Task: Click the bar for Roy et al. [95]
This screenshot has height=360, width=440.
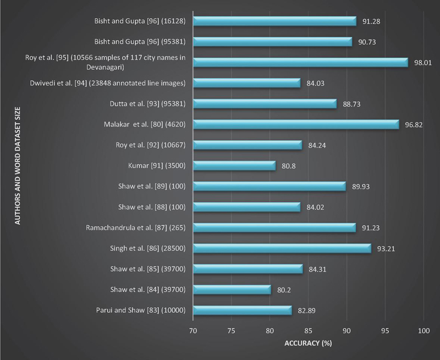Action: [300, 63]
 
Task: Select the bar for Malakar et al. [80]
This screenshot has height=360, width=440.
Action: [296, 125]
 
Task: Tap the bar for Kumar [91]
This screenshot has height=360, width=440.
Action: [234, 166]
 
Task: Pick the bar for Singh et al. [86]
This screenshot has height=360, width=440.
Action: [282, 248]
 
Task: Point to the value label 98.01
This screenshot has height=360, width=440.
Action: [423, 63]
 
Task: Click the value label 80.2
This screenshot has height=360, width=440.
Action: [284, 290]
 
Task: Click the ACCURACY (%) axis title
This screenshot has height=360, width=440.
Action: [308, 344]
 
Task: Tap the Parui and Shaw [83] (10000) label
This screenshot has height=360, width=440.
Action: [140, 311]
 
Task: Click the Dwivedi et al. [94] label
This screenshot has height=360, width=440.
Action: [107, 84]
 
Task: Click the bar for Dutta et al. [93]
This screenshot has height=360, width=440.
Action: [265, 104]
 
